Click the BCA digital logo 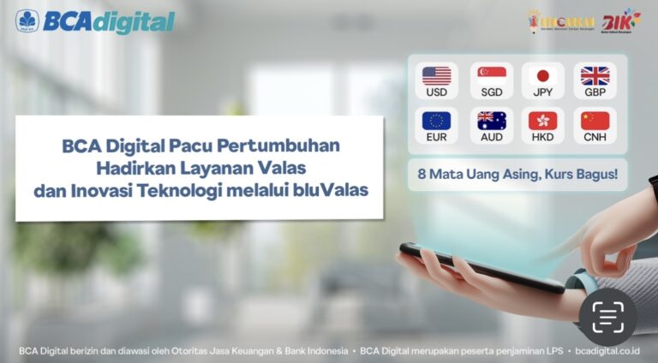95,21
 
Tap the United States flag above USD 435,75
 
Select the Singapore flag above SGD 491,75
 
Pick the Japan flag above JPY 542,75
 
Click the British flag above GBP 595,75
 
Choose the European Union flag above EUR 435,120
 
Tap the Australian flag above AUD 491,120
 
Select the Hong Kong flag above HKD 542,120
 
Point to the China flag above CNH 595,120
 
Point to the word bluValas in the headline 333,190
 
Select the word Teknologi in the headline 183,190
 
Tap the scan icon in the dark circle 607,318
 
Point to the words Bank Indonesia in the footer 320,351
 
